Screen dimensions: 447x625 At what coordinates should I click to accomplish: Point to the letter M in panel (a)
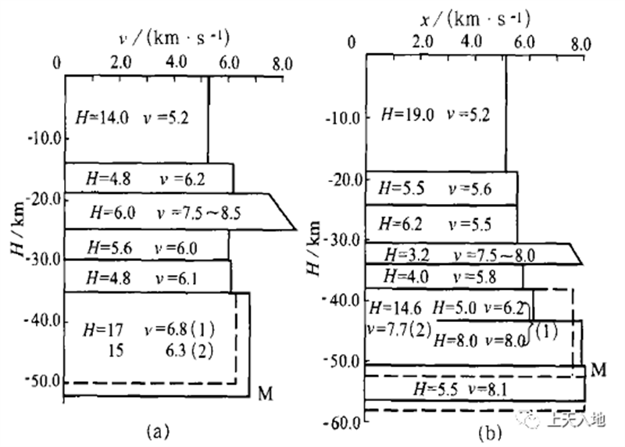264,388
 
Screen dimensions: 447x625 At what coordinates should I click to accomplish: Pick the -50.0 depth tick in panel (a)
42,381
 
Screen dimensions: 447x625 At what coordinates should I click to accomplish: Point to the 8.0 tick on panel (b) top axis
580,44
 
